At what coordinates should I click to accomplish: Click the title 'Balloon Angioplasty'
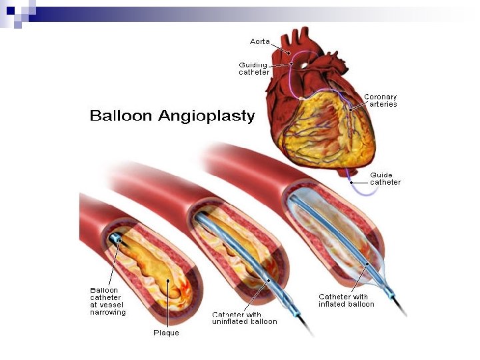point(172,116)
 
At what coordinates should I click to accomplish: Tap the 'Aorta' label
point(260,41)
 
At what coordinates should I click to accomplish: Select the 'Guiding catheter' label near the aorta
point(253,69)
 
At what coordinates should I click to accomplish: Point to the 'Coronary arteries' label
point(381,101)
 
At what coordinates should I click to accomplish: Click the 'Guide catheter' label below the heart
point(385,179)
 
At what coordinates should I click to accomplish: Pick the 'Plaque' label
point(167,333)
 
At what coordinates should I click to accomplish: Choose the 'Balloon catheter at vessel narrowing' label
point(108,301)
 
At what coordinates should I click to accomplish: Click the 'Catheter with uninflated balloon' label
point(244,317)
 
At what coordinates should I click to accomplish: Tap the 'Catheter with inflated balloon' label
point(346,301)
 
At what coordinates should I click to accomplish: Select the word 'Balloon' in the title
point(123,116)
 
